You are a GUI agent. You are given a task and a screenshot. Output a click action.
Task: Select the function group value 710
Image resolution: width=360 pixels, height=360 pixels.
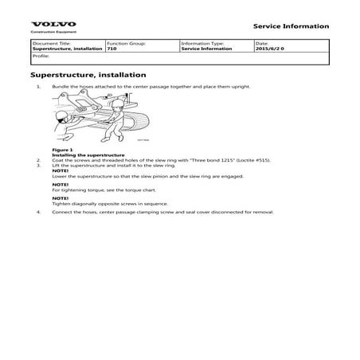112,49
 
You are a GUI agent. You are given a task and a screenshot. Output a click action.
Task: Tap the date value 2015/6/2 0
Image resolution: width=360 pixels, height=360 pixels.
271,49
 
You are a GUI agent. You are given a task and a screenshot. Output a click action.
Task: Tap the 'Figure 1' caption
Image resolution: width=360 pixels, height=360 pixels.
61,150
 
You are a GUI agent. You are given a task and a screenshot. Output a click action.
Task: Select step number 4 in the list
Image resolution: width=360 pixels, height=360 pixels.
38,213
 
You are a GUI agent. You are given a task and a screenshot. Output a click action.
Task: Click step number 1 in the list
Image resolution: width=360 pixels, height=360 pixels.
38,83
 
